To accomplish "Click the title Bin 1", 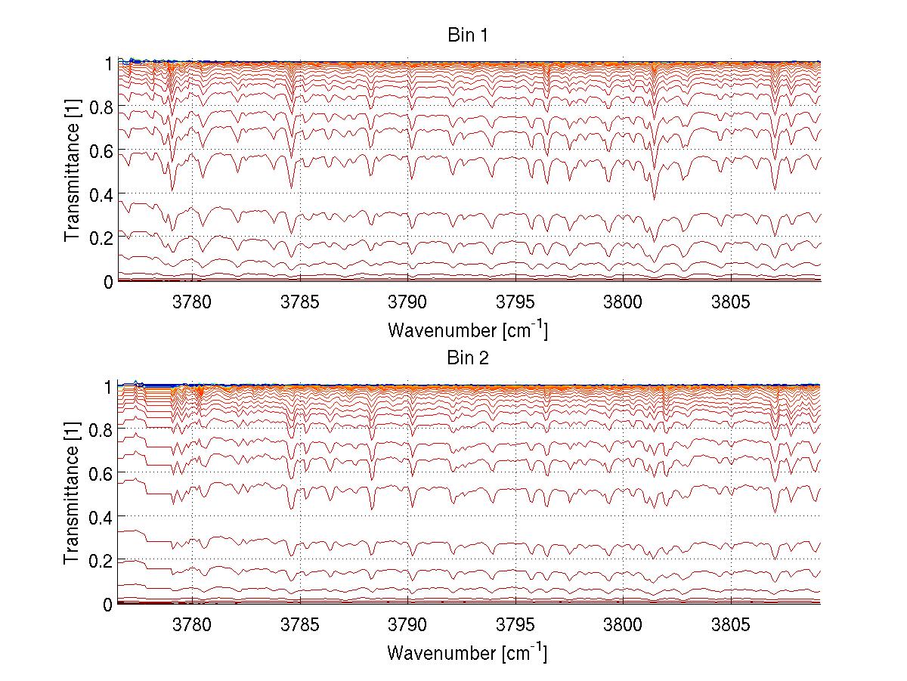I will [469, 36].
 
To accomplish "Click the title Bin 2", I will [469, 358].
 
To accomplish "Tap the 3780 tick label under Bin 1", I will [193, 302].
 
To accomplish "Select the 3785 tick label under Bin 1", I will [301, 302].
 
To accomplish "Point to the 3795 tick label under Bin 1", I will [515, 302].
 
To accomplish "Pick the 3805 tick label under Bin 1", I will [731, 302].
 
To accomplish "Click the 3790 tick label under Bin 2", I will [408, 625].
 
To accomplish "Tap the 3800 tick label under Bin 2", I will [623, 625].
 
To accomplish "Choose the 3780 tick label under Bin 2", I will [193, 625].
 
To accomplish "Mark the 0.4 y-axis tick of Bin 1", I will [101, 194].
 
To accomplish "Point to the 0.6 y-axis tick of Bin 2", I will [101, 474].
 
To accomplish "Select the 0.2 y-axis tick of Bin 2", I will [101, 561].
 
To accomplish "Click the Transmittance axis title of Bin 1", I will [73, 172].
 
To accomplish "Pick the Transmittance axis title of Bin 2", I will [73, 495].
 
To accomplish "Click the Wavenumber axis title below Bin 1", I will [468, 330].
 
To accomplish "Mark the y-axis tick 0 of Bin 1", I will [107, 281].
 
